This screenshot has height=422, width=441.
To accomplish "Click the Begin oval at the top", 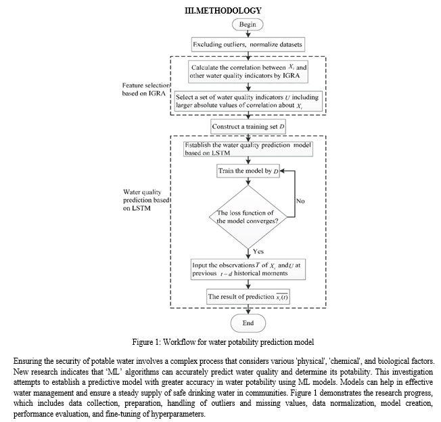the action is [x=248, y=24].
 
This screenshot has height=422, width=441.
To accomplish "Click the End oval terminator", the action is [x=248, y=323].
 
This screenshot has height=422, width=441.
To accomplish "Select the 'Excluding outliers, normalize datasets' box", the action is [x=248, y=45].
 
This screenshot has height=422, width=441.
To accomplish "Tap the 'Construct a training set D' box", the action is [x=248, y=127].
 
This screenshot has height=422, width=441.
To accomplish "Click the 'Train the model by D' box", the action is [x=248, y=171].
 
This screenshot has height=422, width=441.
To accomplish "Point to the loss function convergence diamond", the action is [x=248, y=217].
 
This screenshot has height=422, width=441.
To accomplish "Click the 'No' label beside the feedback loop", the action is [x=300, y=201].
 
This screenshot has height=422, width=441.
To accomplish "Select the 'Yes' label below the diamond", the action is [x=258, y=251].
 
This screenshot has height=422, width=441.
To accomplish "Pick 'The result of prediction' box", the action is [x=248, y=297].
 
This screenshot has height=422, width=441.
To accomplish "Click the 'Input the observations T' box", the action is [x=248, y=270].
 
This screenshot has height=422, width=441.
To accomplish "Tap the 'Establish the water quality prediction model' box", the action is [x=248, y=149].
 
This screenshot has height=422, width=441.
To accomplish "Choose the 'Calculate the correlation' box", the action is [x=248, y=72].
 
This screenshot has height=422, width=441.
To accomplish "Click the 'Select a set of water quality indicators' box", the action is [x=248, y=101].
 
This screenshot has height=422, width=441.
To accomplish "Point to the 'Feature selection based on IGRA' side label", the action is [x=146, y=89].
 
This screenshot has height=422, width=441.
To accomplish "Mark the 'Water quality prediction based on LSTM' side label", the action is [x=146, y=200].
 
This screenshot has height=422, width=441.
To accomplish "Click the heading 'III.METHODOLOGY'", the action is [x=223, y=10].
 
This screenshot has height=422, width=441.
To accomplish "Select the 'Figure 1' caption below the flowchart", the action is [x=223, y=342].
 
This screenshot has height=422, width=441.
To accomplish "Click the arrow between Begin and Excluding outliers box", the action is [x=248, y=34].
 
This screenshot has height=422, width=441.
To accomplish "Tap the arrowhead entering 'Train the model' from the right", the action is [x=282, y=171].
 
